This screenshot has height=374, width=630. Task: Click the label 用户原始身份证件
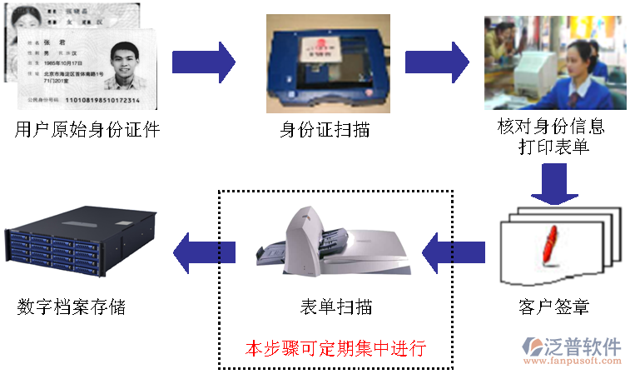coord(87,130)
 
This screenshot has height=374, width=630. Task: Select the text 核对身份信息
coord(551,127)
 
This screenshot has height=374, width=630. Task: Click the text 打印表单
coord(552,147)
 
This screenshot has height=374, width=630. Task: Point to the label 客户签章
coord(553,307)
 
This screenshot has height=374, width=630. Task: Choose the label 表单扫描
coord(335,307)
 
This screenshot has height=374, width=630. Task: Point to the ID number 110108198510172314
coord(97,102)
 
